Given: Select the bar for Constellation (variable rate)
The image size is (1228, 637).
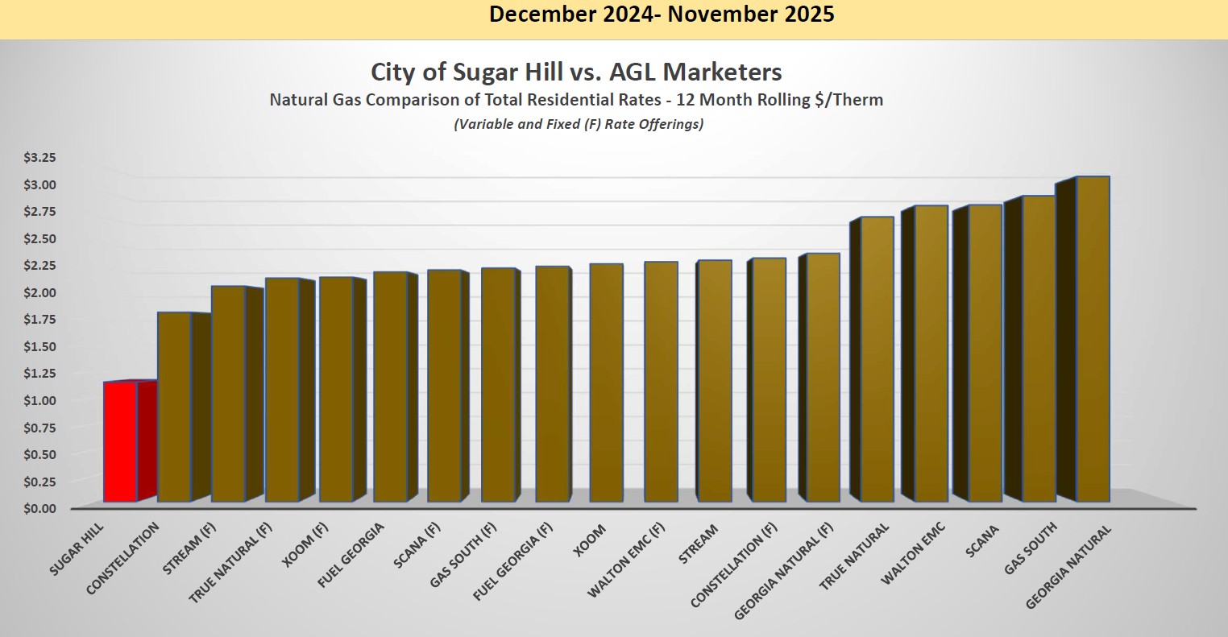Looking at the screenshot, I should (x=174, y=407).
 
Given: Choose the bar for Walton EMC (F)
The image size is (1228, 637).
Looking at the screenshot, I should (x=661, y=382).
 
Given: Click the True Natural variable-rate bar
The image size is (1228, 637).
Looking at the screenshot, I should (x=877, y=359).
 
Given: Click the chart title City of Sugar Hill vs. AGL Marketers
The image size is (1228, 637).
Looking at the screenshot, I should (x=576, y=72).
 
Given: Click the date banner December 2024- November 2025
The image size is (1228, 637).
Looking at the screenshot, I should (x=662, y=14).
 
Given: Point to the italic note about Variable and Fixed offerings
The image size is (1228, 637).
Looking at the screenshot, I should (x=578, y=125).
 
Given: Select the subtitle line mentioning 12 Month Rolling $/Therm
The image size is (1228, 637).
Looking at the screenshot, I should (x=576, y=101).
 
